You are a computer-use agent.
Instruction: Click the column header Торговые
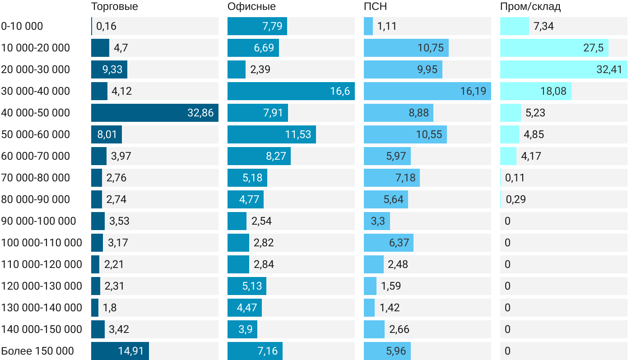115,7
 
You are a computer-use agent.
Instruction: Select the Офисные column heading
251,7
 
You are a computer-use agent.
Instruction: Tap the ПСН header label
375,7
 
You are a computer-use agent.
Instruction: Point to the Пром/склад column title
530,7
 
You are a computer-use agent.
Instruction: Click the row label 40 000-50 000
36,113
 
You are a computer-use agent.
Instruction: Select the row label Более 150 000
37,351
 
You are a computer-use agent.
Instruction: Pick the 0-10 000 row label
22,26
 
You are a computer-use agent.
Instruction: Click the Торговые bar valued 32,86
155,113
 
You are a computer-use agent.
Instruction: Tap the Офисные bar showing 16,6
291,91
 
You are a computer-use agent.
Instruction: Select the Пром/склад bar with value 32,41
564,69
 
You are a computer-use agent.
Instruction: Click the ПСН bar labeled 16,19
428,91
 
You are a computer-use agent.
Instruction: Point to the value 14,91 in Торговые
131,351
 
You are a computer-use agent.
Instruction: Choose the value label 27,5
593,48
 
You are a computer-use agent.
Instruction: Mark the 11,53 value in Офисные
298,134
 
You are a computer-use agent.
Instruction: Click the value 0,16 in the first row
106,26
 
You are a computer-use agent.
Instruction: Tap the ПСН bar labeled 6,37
389,243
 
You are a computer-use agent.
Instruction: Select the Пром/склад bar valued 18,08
536,91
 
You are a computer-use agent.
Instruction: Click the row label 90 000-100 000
39,221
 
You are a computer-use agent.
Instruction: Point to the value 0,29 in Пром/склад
516,199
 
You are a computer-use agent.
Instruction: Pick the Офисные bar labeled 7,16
255,351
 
